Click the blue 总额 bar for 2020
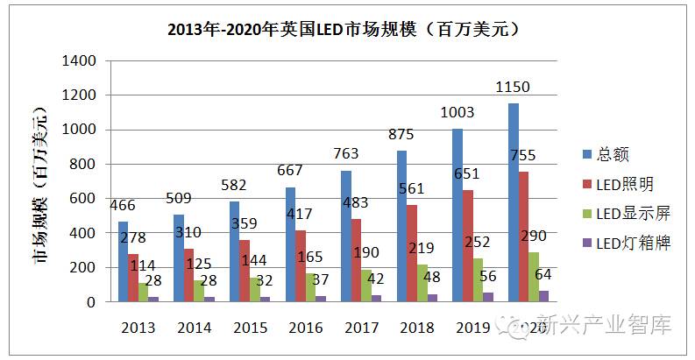514,202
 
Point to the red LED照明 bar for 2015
245,271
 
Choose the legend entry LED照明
624,184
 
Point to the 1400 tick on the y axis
78,61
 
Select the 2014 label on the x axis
195,328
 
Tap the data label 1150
513,88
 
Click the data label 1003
458,112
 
